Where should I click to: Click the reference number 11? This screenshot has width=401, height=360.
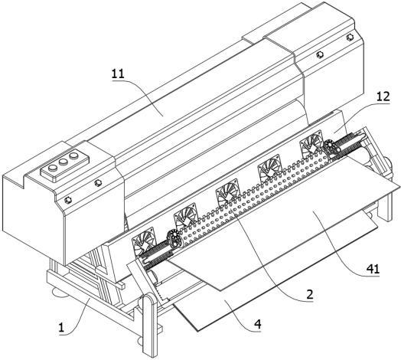pyautogui.click(x=118, y=74)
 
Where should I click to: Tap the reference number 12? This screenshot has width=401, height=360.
pyautogui.click(x=383, y=97)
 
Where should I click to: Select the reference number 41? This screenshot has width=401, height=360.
pyautogui.click(x=373, y=269)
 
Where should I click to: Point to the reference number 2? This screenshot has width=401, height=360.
pyautogui.click(x=310, y=294)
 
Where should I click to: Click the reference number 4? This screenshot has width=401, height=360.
pyautogui.click(x=258, y=325)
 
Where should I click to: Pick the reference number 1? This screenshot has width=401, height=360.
pyautogui.click(x=61, y=328)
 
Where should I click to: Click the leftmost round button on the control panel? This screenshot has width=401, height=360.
pyautogui.click(x=53, y=168)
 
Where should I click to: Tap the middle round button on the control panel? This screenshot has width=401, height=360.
pyautogui.click(x=64, y=162)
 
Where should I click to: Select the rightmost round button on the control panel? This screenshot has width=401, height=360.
pyautogui.click(x=74, y=155)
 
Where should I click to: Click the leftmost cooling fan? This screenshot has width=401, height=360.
pyautogui.click(x=143, y=243)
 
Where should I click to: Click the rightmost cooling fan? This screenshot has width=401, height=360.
pyautogui.click(x=311, y=144)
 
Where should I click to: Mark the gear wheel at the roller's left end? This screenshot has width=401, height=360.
pyautogui.click(x=174, y=240)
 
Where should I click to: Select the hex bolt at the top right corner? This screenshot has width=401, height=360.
pyautogui.click(x=349, y=38)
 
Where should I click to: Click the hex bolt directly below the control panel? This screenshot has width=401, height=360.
pyautogui.click(x=97, y=183)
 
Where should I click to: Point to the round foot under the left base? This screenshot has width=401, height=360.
pyautogui.click(x=60, y=293)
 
